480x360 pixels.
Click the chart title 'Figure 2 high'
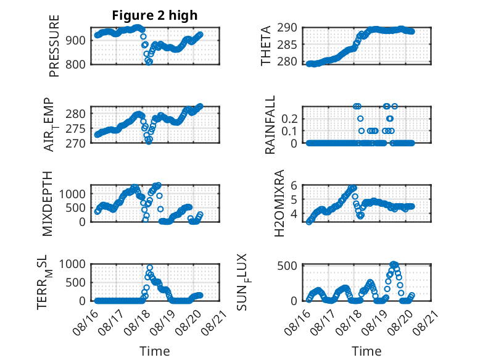coord(155,15)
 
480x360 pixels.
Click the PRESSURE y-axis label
coord(54,46)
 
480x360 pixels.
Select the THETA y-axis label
coord(266,46)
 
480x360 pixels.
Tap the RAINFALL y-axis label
coord(270,125)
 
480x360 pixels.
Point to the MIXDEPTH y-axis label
coord(48,204)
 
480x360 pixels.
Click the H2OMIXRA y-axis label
coord(279,203)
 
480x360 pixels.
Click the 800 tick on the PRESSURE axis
coord(76,65)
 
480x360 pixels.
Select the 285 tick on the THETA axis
coord(288,44)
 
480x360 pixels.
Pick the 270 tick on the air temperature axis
coord(76,143)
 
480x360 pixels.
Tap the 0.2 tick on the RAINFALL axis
coord(289,119)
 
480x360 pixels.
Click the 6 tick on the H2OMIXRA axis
coord(294,185)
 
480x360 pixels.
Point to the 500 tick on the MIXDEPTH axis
coord(76,207)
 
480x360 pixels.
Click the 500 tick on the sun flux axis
coord(288,266)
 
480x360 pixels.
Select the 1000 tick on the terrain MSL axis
coord(72,264)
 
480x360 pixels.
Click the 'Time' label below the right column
coord(366,351)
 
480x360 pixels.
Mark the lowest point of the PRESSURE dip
coord(149,62)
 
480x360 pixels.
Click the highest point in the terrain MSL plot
coord(150,268)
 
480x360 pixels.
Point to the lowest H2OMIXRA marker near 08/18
coord(361,216)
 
